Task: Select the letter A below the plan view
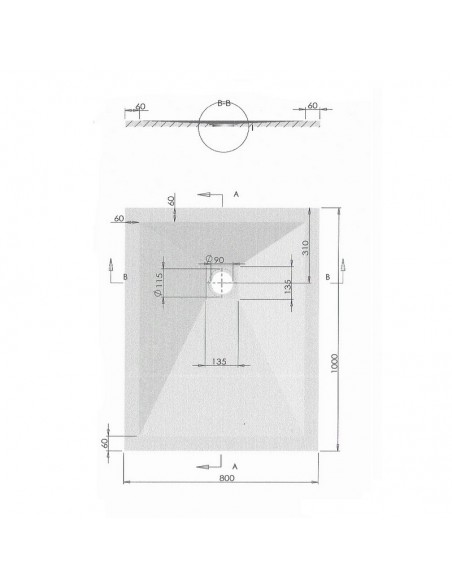[235, 467]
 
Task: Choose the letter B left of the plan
[124, 275]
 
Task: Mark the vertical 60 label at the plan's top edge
[173, 199]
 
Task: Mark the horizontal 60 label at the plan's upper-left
[120, 218]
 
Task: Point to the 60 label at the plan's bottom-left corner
[104, 441]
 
